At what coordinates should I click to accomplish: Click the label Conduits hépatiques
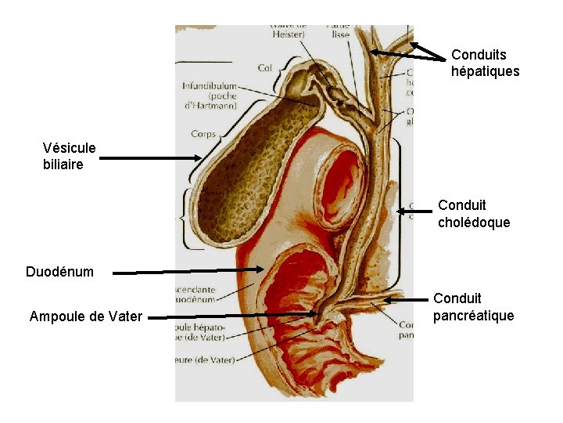click(485, 63)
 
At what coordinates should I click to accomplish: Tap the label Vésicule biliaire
click(70, 156)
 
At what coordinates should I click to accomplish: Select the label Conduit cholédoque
click(473, 214)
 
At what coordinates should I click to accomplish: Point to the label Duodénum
click(59, 272)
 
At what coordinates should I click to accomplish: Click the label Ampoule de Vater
click(86, 316)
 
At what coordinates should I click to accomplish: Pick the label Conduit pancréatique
click(473, 307)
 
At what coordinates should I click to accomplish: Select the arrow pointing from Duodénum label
click(188, 271)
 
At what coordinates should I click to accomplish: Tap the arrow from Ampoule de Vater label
click(235, 316)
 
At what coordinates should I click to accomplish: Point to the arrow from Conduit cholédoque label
click(415, 210)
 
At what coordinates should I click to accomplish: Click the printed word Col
click(264, 68)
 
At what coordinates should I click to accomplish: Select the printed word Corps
click(203, 134)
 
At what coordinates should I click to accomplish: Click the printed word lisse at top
click(341, 34)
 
